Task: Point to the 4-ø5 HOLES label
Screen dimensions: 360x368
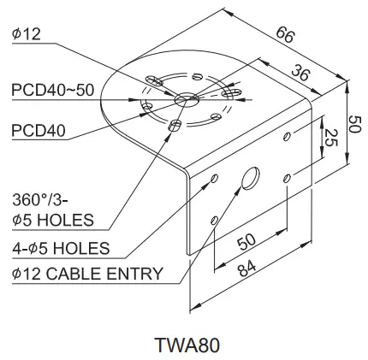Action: (x=61, y=249)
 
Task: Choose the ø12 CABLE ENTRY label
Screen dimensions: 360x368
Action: (x=87, y=274)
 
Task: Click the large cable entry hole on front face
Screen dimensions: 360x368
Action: (x=250, y=179)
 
